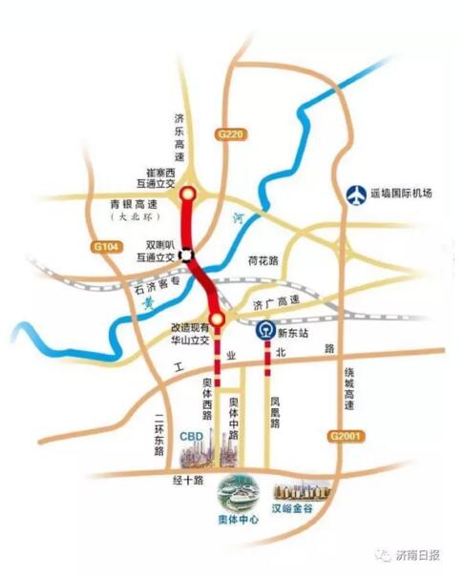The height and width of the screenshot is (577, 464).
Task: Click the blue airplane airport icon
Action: click(356, 194)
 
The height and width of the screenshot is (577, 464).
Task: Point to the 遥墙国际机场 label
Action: click(401, 194)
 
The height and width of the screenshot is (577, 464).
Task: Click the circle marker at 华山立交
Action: click(218, 319)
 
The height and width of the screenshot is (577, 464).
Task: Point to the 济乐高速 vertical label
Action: click(178, 139)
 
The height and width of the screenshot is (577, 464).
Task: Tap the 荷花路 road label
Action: click(262, 259)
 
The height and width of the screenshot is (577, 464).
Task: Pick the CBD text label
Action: click(192, 435)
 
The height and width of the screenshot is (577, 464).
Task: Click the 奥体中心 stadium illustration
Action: click(237, 496)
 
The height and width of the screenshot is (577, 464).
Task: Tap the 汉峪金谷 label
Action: click(300, 510)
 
